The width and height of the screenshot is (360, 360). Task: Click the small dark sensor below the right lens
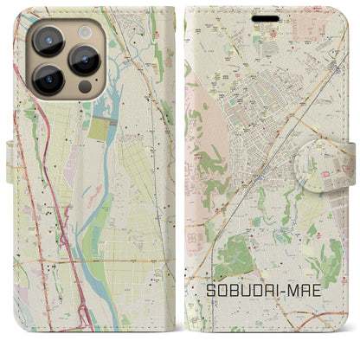84,87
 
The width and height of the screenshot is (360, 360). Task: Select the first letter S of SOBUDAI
210,293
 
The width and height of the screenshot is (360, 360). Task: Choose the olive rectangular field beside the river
101,130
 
